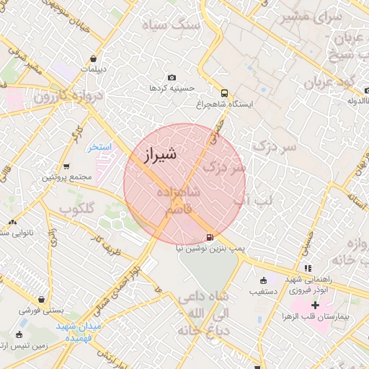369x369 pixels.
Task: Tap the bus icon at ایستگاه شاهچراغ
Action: tap(225, 93)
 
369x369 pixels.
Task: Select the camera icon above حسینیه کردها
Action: tap(172, 77)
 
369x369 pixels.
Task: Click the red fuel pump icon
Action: tap(210, 236)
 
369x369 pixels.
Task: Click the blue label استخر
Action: tap(100, 147)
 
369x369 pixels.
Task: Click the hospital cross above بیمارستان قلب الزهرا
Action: tap(315, 305)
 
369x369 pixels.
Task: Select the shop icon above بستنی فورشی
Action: tap(43, 299)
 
